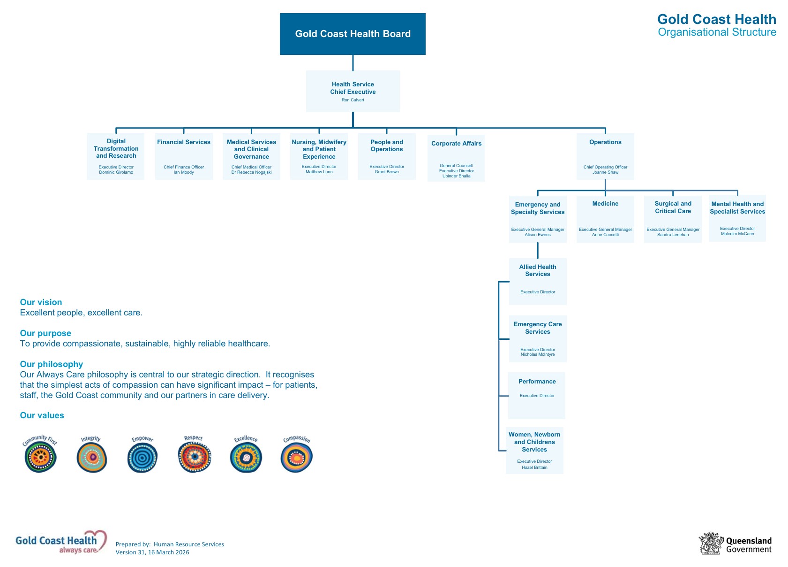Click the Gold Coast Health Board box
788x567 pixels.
[x=353, y=34]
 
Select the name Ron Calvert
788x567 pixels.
[x=353, y=100]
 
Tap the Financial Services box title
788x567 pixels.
[x=184, y=142]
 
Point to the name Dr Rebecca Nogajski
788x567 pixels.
[x=251, y=172]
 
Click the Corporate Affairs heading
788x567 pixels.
[x=456, y=144]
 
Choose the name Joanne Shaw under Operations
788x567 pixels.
[x=605, y=172]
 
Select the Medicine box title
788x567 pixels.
[x=605, y=204]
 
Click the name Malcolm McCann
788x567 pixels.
[x=737, y=234]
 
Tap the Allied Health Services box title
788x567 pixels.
[x=538, y=270]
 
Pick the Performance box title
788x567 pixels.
[x=537, y=382]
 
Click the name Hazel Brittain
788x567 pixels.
[x=534, y=467]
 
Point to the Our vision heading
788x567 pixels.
[x=41, y=302]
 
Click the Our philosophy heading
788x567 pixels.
[x=51, y=364]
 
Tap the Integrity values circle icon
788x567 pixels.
[x=91, y=457]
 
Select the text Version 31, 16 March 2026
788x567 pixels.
[x=152, y=552]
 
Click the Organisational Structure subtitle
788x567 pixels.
[x=717, y=32]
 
